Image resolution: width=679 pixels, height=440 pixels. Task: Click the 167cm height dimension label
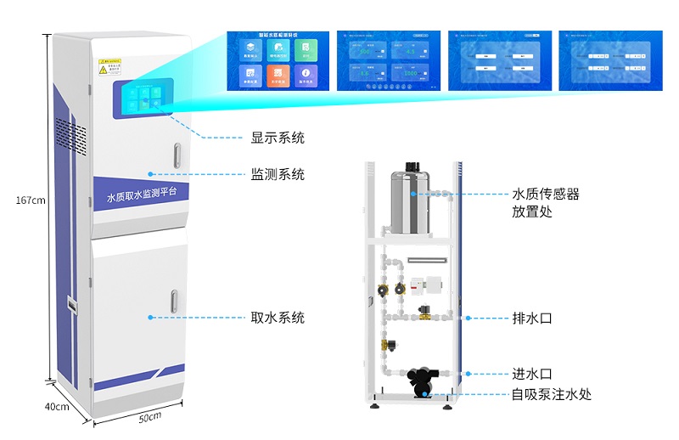tap(30, 200)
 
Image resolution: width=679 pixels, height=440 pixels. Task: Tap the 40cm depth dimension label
tap(57, 406)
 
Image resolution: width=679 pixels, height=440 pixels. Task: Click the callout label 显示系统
tap(277, 138)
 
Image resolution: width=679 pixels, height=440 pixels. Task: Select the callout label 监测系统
tap(277, 174)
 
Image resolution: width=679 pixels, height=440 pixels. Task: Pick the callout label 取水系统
tap(277, 318)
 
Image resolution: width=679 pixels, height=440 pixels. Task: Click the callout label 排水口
tap(532, 319)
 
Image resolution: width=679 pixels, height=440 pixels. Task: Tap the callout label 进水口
tap(532, 374)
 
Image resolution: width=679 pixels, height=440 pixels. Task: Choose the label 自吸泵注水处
tap(551, 394)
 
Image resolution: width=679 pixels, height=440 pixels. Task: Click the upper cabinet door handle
tap(177, 155)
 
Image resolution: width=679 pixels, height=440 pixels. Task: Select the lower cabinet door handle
tap(173, 302)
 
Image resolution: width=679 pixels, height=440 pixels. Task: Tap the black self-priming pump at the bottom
tap(421, 381)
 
